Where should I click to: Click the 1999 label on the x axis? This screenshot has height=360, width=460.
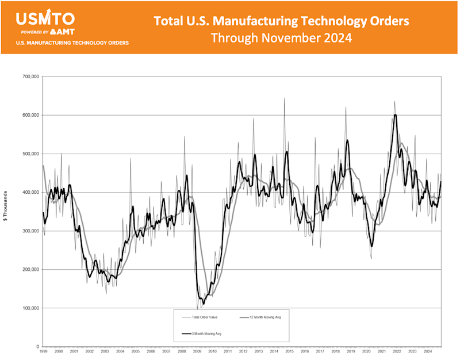[x=44, y=351]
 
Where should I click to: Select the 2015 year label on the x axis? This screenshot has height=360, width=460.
[x=289, y=351]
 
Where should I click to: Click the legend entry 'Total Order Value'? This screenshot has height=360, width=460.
[x=201, y=316]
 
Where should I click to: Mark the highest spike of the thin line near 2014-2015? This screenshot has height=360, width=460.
[x=284, y=98]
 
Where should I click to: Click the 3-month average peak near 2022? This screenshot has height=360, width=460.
[x=395, y=115]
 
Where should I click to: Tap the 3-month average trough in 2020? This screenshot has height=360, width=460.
[x=371, y=246]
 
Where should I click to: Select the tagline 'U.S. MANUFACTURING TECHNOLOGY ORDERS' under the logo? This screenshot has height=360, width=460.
[x=72, y=43]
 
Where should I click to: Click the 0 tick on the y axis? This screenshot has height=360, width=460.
[x=37, y=347]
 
